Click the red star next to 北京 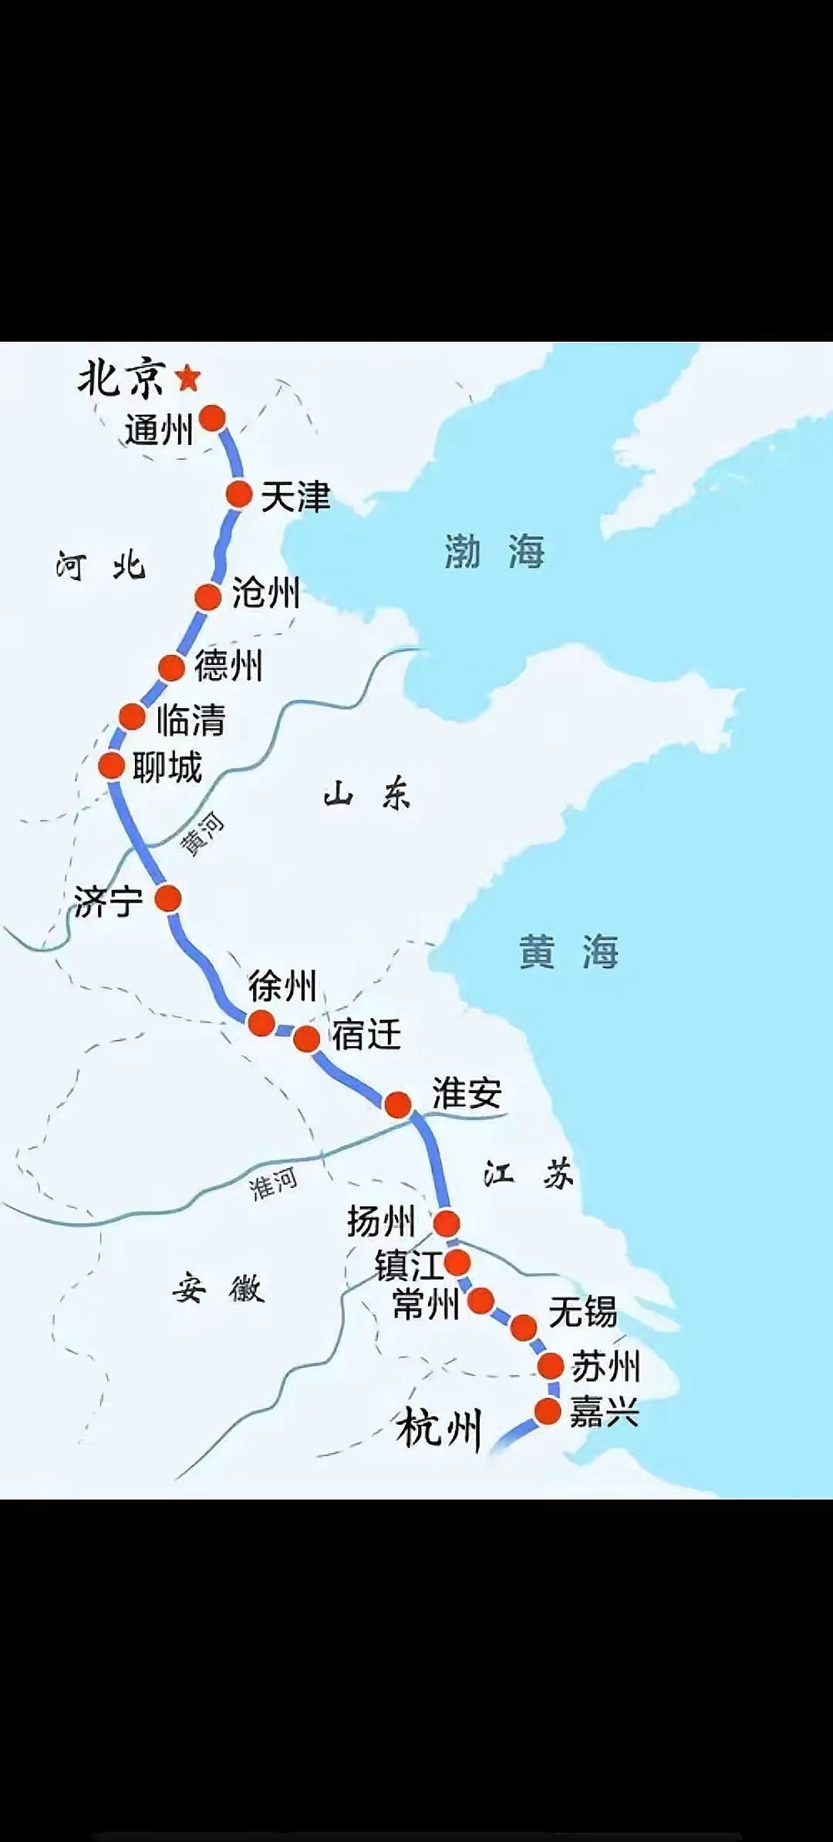coord(188,378)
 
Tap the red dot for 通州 coord(212,418)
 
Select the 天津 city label coord(295,496)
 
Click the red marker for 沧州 coord(208,597)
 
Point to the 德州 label coord(228,666)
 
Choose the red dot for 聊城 coord(112,766)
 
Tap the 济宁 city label coord(109,901)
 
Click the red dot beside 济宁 coord(168,898)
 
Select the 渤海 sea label coord(494,552)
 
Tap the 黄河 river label coord(202,835)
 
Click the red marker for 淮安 coord(398,1105)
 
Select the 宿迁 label coord(366,1034)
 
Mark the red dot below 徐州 coord(261,1024)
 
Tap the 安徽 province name coord(218,1289)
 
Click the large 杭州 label coord(439,1428)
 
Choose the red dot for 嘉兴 coord(548,1412)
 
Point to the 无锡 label coord(582,1311)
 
